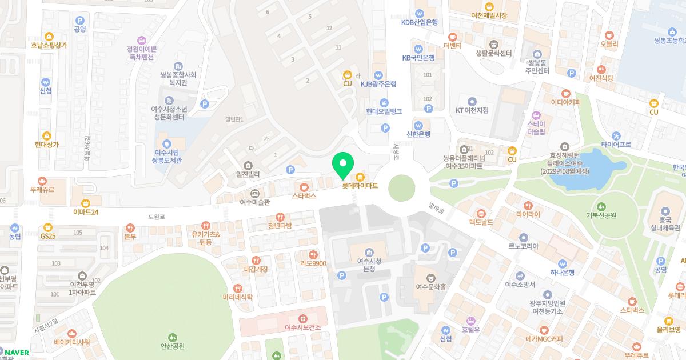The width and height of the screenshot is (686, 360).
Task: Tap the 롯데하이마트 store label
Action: [360, 185]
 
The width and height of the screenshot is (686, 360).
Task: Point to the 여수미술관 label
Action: [254, 202]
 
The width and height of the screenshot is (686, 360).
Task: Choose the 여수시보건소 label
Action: [303, 327]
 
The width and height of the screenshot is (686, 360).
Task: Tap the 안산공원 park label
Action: [172, 345]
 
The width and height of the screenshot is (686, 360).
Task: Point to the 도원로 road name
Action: [156, 217]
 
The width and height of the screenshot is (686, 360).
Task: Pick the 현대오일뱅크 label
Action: [384, 111]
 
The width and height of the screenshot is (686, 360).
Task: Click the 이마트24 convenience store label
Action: [86, 211]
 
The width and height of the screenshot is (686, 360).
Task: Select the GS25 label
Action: [48, 235]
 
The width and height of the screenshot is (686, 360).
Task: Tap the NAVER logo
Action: [17, 353]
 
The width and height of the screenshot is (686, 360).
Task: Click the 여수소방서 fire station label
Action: [520, 284]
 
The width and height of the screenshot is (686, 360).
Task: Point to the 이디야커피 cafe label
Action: [565, 102]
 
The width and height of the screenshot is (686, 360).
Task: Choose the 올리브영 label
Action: [668, 329]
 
